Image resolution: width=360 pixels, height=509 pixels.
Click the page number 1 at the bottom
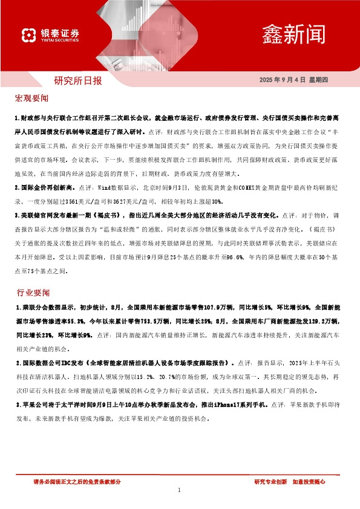tap(180, 491)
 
